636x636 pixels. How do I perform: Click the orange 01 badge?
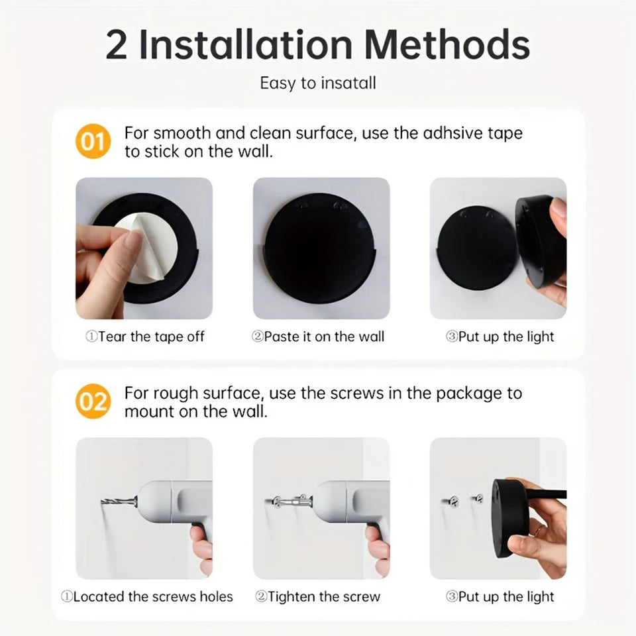[93, 141]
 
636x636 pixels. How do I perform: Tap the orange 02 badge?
[93, 401]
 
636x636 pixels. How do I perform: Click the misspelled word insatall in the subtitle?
[348, 83]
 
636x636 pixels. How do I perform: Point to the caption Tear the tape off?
[145, 337]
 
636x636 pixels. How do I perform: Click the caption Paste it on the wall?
[318, 337]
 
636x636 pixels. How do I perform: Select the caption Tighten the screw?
[318, 596]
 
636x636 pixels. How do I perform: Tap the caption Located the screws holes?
[147, 596]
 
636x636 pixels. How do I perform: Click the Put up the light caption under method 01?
[500, 337]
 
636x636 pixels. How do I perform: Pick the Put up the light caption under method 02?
[500, 596]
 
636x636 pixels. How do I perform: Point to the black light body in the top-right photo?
[540, 242]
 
